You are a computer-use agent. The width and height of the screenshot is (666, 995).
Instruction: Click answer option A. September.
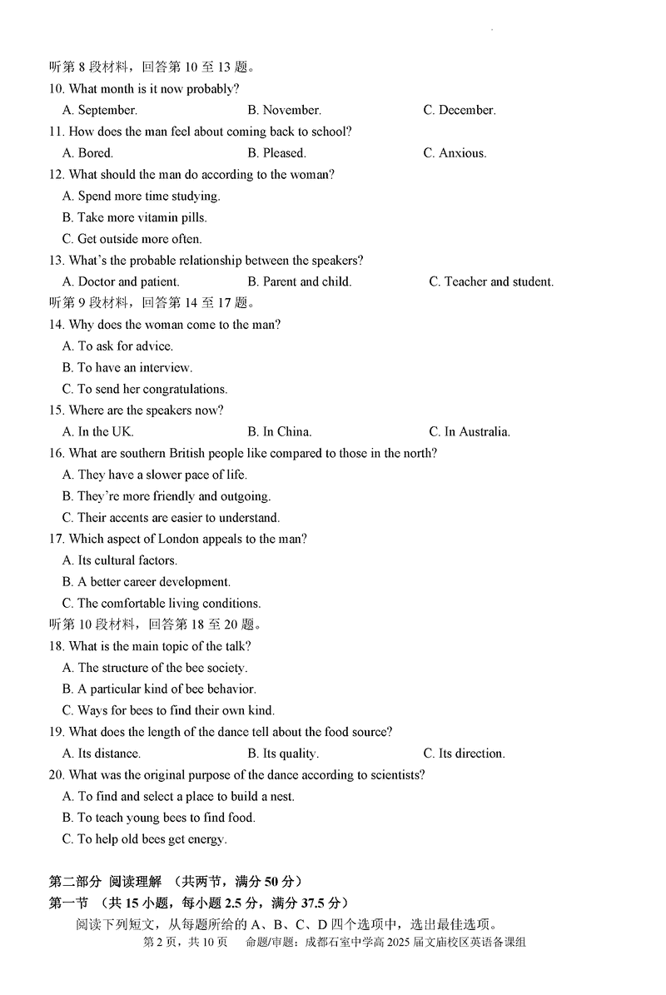[x=100, y=110]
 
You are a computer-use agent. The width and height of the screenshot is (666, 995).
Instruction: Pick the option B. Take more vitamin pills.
[x=135, y=217]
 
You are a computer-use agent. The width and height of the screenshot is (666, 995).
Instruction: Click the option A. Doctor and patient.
[x=121, y=282]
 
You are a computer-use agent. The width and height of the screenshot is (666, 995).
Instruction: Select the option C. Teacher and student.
[x=491, y=282]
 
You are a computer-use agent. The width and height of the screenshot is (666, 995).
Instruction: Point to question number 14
[x=57, y=325]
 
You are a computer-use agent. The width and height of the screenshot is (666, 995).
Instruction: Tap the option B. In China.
[x=279, y=432]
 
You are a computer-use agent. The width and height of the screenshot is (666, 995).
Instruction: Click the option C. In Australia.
[x=470, y=432]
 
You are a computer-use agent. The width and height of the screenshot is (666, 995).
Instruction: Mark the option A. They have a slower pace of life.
[x=155, y=475]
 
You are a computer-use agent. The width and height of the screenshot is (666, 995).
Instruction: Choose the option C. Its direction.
[x=464, y=754]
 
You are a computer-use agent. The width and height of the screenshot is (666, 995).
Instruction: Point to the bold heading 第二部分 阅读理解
[x=107, y=882]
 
